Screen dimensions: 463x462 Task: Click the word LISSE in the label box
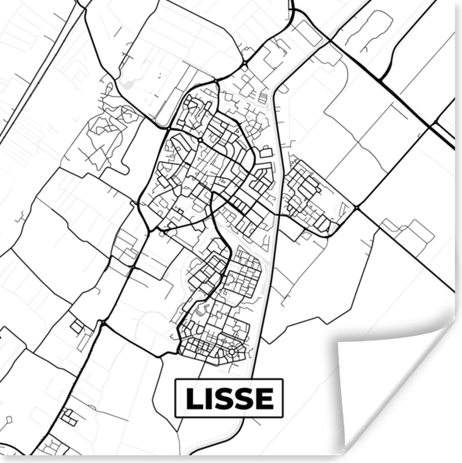tap(229, 398)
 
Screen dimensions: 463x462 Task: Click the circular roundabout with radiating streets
tap(232, 351)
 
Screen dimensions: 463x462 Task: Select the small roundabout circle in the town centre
tap(200, 139)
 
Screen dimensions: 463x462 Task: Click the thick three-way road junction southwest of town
tap(103, 323)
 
